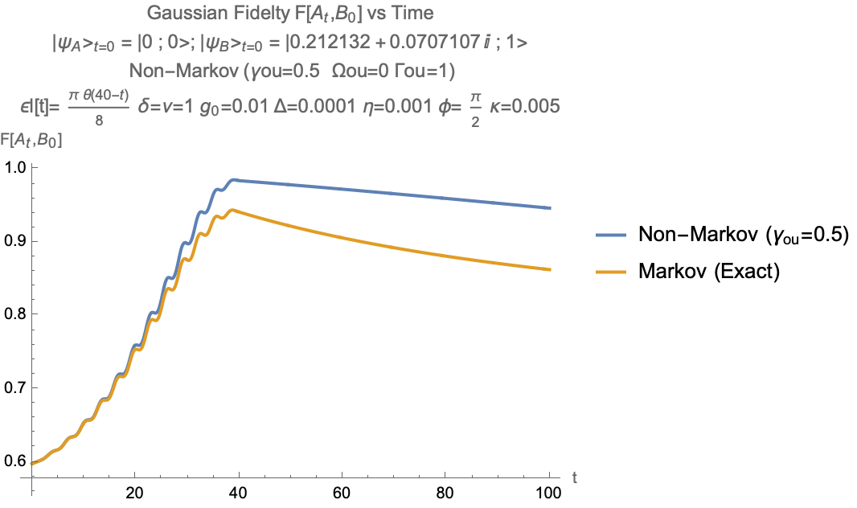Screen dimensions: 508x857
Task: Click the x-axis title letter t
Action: coord(575,477)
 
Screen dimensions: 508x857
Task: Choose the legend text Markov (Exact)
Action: coord(709,272)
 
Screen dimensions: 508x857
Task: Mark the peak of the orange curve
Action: coord(232,210)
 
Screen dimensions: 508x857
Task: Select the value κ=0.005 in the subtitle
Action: coord(520,105)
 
